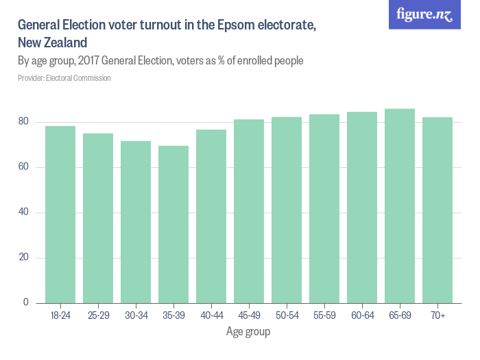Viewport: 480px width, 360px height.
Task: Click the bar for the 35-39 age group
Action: (x=173, y=224)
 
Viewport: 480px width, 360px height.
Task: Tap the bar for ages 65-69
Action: (x=400, y=206)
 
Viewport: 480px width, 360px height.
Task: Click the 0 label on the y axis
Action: (x=26, y=302)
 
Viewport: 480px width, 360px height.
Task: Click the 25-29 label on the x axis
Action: (x=98, y=315)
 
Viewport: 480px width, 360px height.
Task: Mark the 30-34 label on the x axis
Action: (x=136, y=315)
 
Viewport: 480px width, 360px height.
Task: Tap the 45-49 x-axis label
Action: (x=249, y=315)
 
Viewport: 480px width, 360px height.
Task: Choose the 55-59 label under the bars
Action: (x=324, y=315)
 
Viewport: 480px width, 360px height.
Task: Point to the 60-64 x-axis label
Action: (x=362, y=315)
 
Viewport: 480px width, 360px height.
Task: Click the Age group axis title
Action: (x=248, y=333)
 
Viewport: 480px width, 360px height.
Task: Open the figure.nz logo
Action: (x=424, y=15)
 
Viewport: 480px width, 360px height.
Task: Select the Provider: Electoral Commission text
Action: (x=64, y=78)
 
